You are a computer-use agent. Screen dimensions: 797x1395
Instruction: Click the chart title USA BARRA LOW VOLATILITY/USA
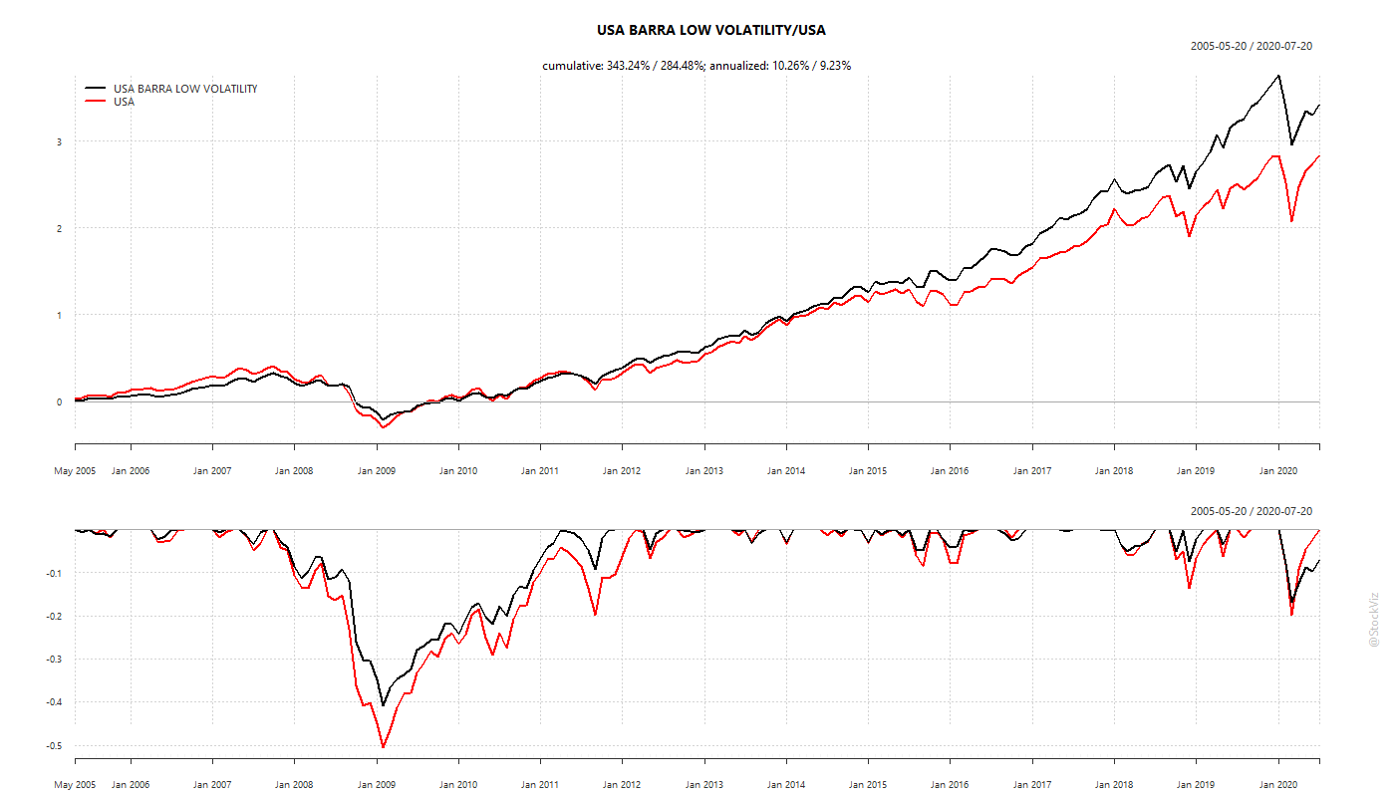pyautogui.click(x=710, y=30)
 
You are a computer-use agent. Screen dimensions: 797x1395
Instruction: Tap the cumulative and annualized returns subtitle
pyautogui.click(x=696, y=66)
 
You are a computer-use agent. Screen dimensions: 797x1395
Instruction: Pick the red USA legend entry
pyautogui.click(x=124, y=102)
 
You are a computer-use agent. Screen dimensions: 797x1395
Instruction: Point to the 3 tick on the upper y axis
pyautogui.click(x=59, y=142)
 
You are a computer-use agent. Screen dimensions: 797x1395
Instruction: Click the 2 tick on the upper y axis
pyautogui.click(x=59, y=229)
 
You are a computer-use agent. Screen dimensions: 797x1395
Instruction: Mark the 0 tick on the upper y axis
pyautogui.click(x=59, y=402)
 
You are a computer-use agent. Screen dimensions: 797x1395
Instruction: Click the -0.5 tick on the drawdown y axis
pyautogui.click(x=54, y=745)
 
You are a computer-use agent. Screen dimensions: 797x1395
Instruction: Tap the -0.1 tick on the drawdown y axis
pyautogui.click(x=54, y=573)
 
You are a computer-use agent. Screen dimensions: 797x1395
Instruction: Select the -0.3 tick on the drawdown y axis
pyautogui.click(x=54, y=660)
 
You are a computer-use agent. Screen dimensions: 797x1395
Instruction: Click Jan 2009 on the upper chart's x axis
pyautogui.click(x=377, y=471)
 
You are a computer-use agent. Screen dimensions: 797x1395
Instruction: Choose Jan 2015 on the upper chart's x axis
pyautogui.click(x=868, y=471)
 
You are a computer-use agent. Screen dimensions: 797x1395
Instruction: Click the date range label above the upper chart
pyautogui.click(x=1251, y=46)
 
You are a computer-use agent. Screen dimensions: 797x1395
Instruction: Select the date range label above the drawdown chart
pyautogui.click(x=1251, y=511)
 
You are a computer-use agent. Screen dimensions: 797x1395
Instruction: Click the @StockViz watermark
pyautogui.click(x=1374, y=619)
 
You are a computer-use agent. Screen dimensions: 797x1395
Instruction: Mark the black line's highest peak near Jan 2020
pyautogui.click(x=1278, y=76)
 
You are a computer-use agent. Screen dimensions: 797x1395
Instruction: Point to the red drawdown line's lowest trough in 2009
pyautogui.click(x=383, y=746)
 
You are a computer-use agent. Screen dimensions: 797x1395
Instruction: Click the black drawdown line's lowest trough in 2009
pyautogui.click(x=383, y=705)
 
